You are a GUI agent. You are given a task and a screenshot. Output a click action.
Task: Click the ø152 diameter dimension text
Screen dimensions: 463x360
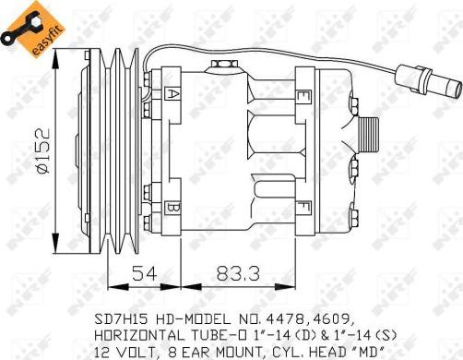[42, 150]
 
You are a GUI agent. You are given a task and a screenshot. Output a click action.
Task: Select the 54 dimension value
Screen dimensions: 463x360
[145, 273]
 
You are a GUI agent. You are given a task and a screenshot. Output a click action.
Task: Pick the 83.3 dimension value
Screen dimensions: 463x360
[238, 273]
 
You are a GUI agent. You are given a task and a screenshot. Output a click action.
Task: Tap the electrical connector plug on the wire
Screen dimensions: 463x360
[429, 80]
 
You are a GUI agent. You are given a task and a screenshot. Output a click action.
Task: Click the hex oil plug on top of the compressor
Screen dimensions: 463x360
[223, 65]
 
